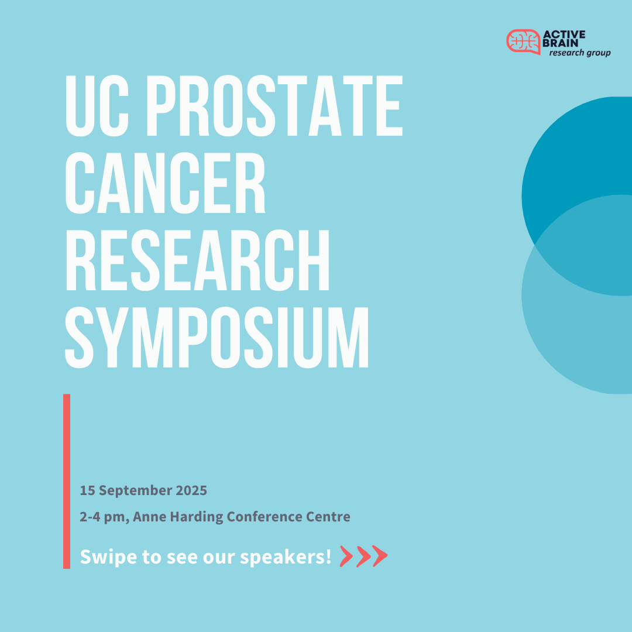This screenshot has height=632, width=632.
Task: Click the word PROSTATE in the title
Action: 275,105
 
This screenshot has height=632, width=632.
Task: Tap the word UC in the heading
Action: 97,105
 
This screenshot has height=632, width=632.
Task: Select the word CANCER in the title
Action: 165,183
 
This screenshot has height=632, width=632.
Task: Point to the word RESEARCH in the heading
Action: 198,260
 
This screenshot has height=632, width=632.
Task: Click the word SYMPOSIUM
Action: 217,338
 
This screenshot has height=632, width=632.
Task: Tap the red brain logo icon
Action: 523,42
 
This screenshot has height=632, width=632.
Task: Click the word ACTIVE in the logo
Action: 564,35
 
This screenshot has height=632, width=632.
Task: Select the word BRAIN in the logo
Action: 561,43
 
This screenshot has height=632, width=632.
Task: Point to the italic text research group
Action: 579,53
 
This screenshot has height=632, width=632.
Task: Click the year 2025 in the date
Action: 191,490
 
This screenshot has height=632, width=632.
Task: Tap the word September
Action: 135,491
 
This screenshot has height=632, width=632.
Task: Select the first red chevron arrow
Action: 346,557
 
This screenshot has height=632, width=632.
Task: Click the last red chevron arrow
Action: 380,557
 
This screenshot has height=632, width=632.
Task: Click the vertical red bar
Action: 67,481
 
